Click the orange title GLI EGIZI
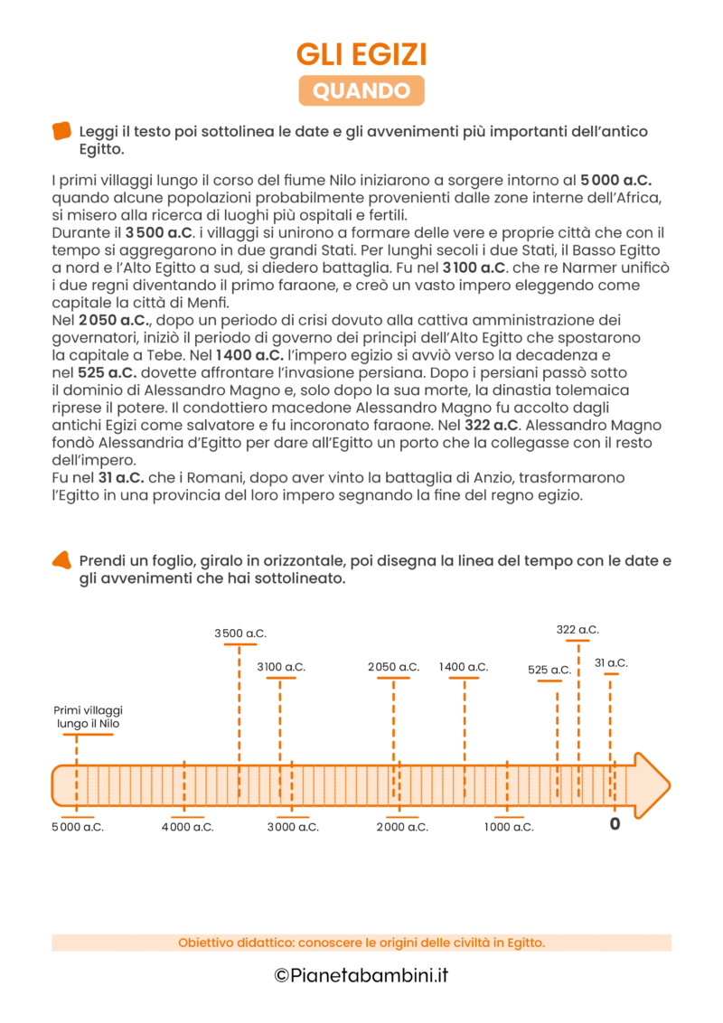tap(361, 55)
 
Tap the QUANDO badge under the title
tap(361, 90)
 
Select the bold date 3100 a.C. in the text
tap(475, 267)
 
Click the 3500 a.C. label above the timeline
tap(240, 634)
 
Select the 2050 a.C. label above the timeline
tap(394, 667)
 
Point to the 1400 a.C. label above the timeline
tap(464, 667)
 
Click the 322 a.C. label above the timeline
tap(577, 629)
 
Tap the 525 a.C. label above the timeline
tap(549, 670)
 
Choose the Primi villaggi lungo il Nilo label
tap(89, 718)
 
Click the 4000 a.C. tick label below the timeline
tap(188, 827)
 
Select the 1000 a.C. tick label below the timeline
tap(509, 827)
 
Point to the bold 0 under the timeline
tap(615, 824)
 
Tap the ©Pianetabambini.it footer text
tap(361, 976)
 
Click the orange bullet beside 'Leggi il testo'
tap(62, 131)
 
